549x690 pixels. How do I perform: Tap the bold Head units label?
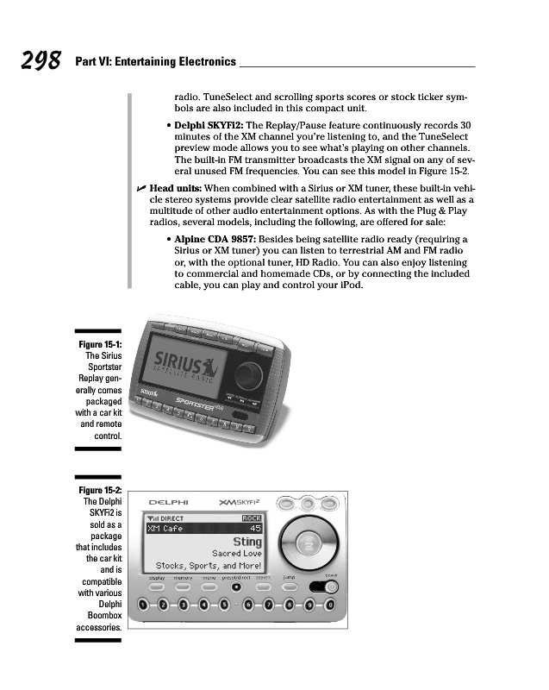[x=176, y=187]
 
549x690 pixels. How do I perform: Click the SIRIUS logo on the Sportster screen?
[x=177, y=362]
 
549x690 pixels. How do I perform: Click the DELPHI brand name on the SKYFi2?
[x=170, y=503]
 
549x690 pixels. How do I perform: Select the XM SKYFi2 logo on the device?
[x=241, y=503]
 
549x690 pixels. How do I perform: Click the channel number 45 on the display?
[x=254, y=528]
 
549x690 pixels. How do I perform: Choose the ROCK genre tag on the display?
[x=251, y=517]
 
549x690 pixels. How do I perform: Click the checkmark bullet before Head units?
[x=141, y=187]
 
